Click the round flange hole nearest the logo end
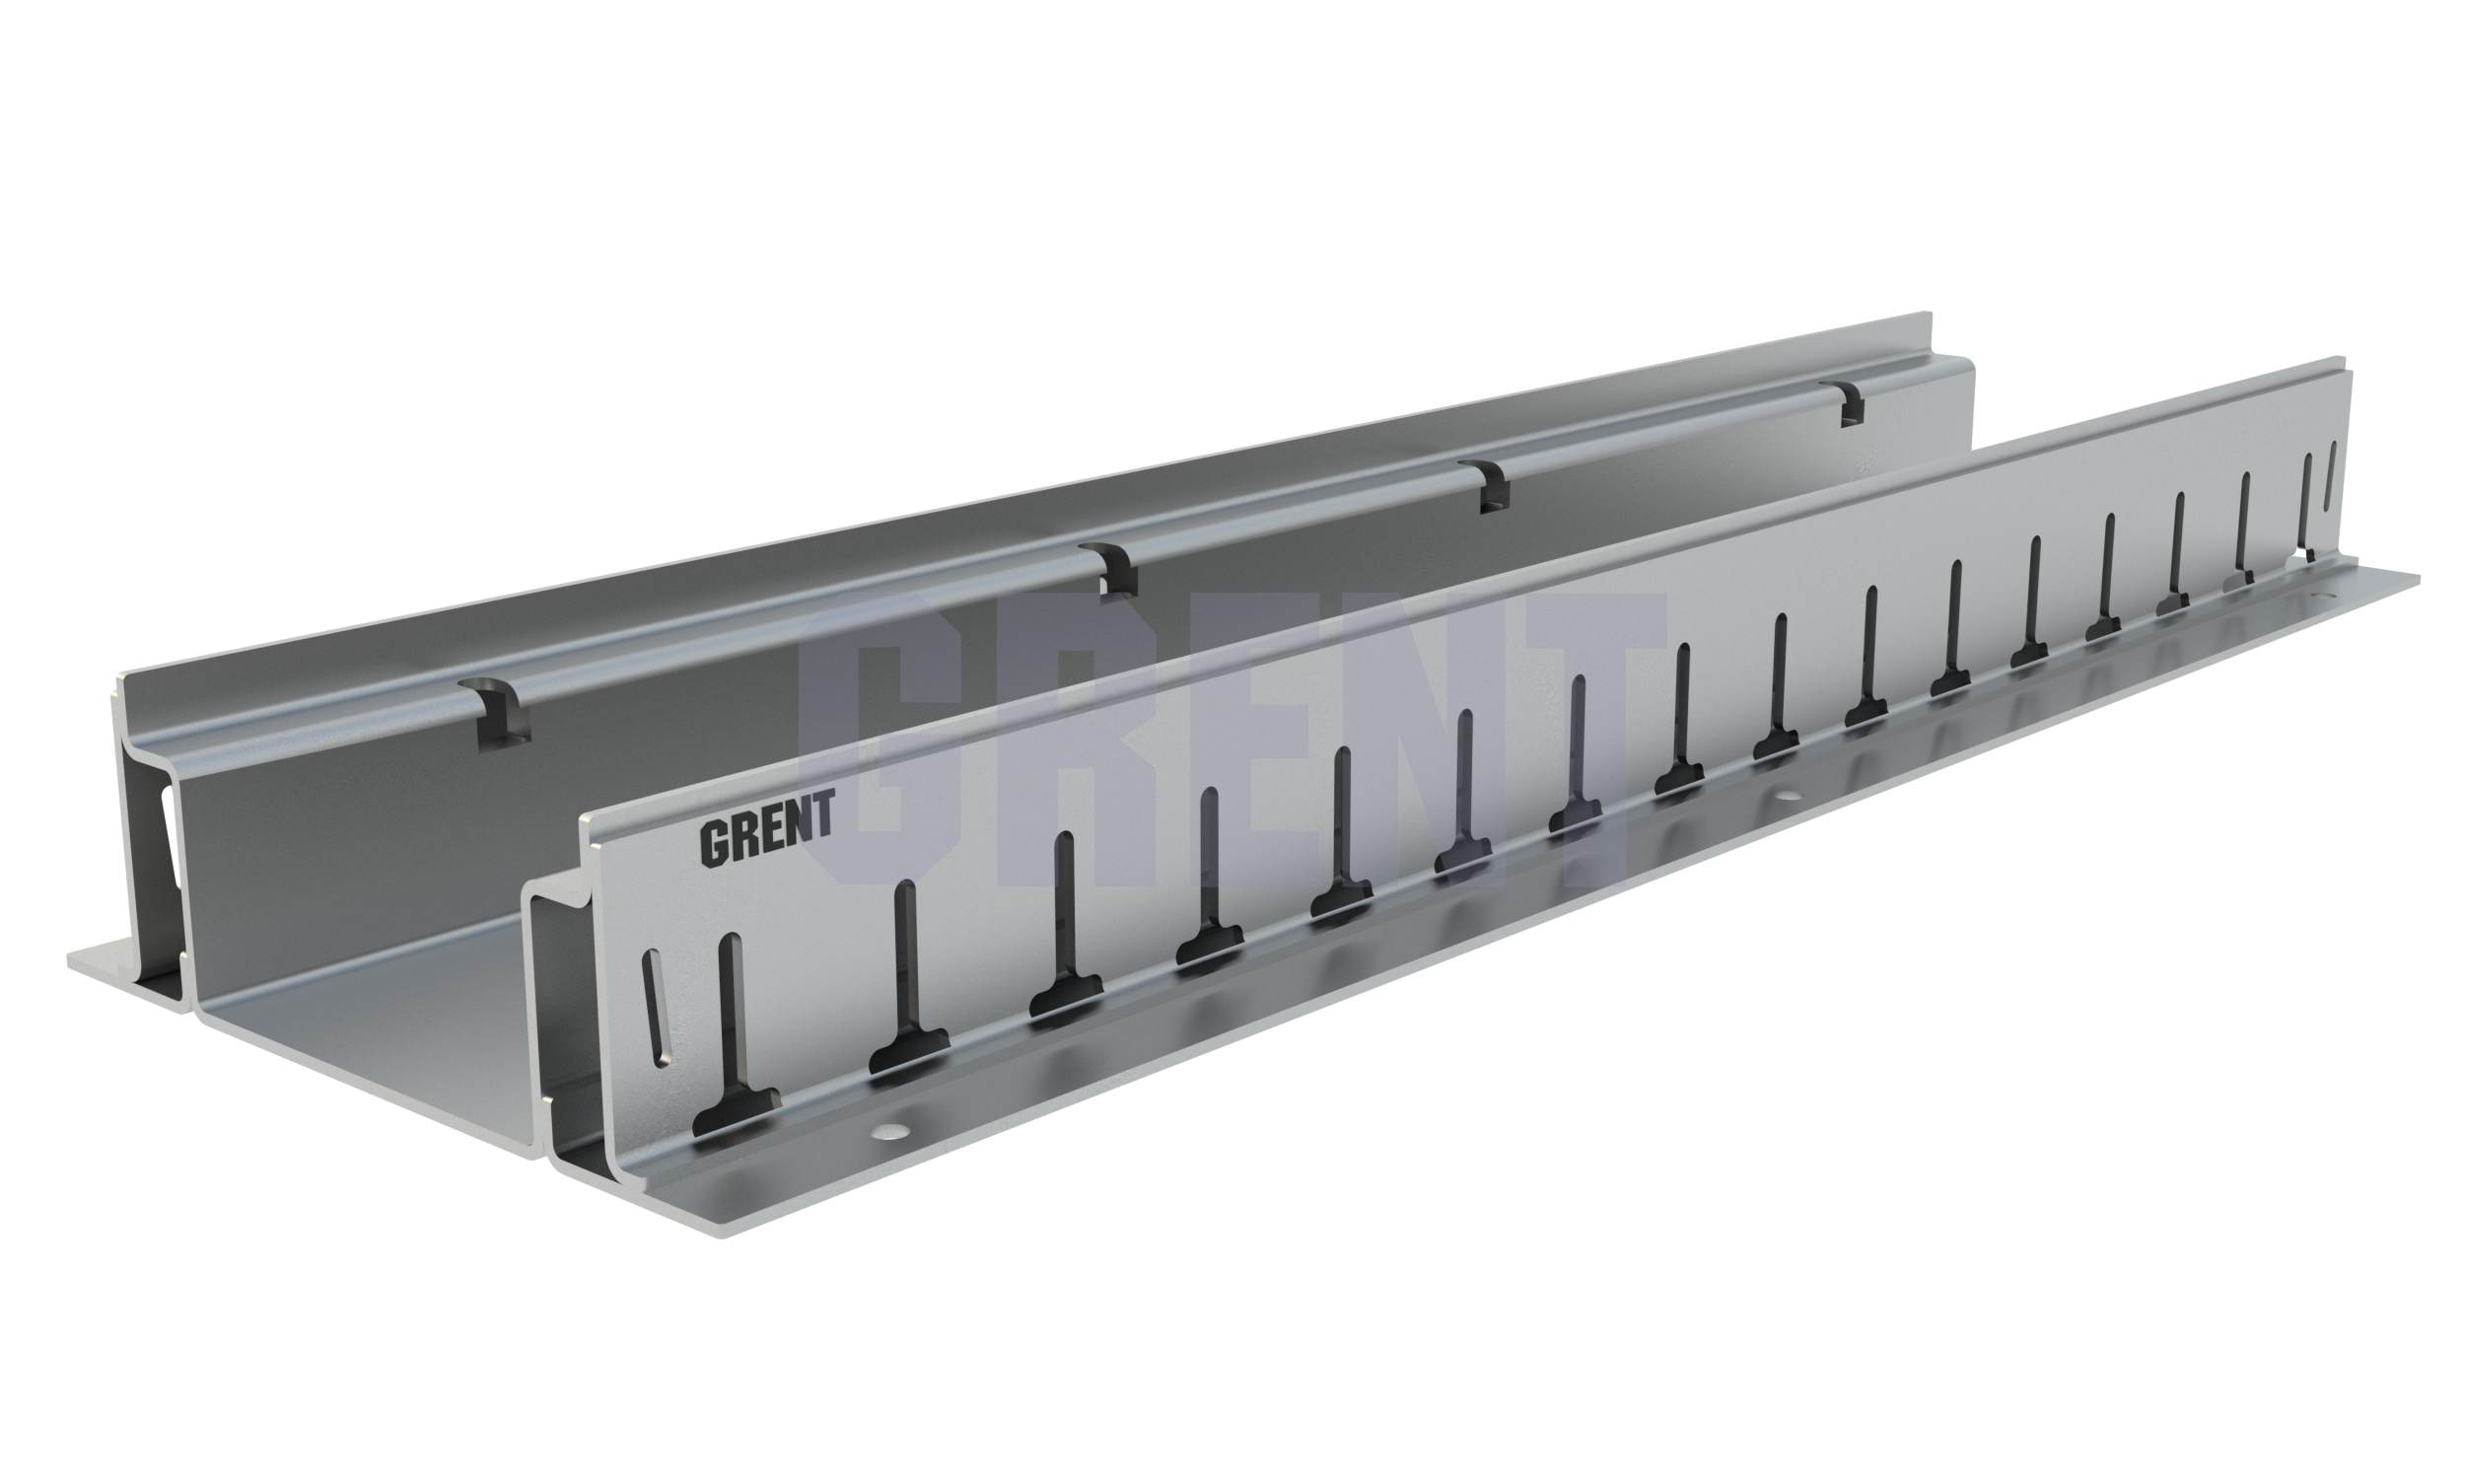(x=889, y=1131)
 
